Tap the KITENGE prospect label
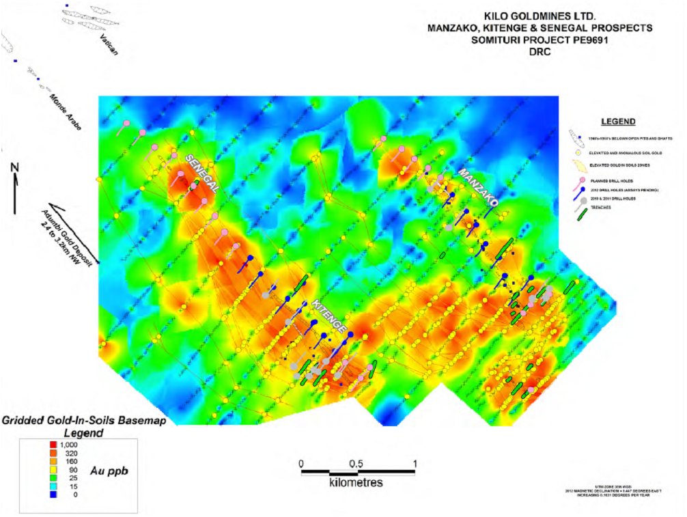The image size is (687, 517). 331,315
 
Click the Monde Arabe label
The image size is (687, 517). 66,111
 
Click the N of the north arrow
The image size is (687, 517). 15,167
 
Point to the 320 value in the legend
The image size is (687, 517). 71,453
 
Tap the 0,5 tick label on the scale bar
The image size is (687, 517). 355,464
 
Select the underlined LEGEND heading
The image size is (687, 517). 618,122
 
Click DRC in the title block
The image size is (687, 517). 539,52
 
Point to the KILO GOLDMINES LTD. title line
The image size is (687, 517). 539,16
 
